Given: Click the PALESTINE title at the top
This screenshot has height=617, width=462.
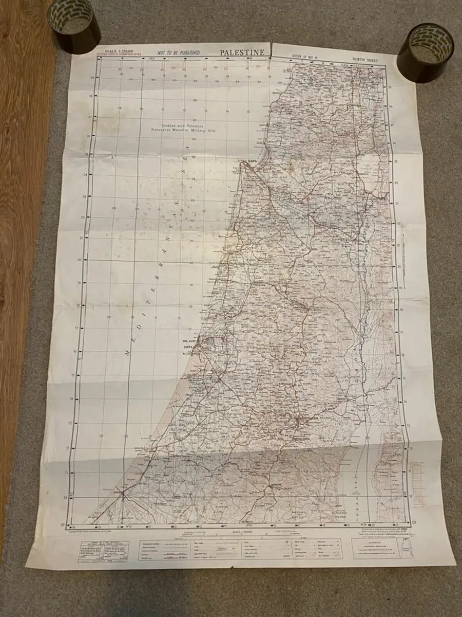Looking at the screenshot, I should [x=242, y=52].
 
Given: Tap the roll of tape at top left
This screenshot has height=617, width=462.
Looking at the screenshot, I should [x=74, y=25].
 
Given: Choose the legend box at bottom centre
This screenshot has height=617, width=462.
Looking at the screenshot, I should [x=241, y=549].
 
